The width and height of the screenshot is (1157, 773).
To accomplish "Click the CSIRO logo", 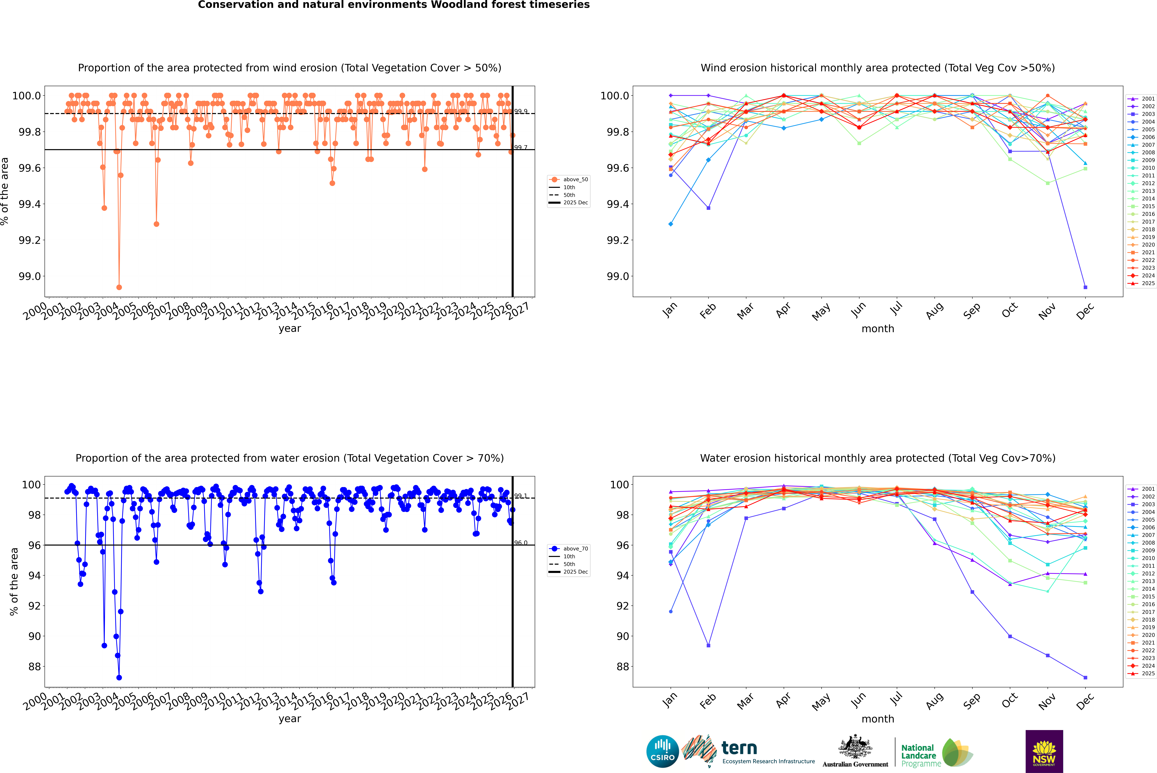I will tap(662, 751).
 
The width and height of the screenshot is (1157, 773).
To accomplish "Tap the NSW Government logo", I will tap(1044, 751).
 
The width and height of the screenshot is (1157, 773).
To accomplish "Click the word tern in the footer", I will tap(739, 748).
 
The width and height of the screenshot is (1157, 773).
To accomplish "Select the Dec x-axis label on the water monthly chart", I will tap(1085, 701).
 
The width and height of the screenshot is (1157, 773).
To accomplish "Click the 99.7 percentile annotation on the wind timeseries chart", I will tap(521, 147).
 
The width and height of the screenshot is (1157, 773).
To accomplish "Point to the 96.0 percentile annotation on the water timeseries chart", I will tap(521, 543).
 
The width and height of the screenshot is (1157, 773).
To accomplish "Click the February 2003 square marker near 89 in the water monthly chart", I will tap(708, 645).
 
